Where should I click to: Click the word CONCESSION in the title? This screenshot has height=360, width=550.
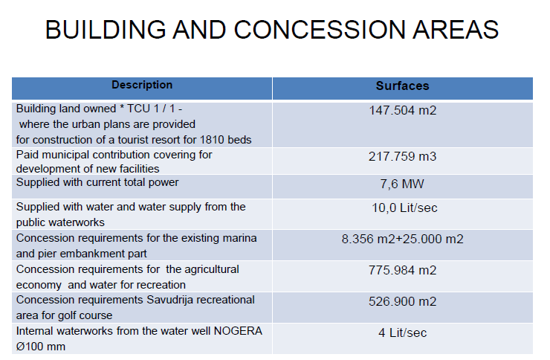tap(320, 30)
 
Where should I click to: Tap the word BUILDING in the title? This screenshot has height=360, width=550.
tap(106, 30)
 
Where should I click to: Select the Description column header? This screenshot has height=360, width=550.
tap(142, 85)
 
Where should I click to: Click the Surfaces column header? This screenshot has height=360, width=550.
tap(402, 86)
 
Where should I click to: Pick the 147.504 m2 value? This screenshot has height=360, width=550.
tap(402, 111)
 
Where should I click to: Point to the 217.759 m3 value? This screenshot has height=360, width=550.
tap(402, 156)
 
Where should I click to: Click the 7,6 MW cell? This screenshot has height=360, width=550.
tap(402, 184)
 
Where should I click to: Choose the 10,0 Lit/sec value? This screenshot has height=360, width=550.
tap(404, 208)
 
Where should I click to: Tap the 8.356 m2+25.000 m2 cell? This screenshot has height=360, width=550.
tap(402, 239)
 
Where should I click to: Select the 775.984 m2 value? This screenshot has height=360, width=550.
tap(402, 270)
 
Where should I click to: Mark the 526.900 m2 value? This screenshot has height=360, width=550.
tap(402, 301)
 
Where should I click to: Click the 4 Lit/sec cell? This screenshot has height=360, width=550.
tap(402, 332)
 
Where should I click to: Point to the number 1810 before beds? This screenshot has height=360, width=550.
tap(212, 140)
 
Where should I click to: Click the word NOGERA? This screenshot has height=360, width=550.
tap(238, 331)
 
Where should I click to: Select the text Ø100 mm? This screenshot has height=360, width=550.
tap(41, 347)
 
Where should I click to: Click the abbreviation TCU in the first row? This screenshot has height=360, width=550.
tap(138, 109)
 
